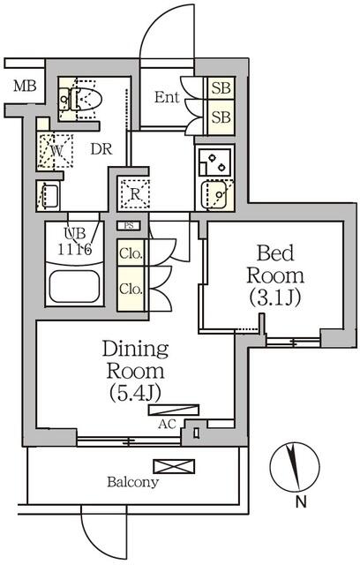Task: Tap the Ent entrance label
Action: pyautogui.click(x=168, y=97)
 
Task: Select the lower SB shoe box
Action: pyautogui.click(x=221, y=117)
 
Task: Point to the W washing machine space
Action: pyautogui.click(x=56, y=151)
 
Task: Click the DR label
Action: pyautogui.click(x=101, y=149)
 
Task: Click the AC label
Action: pyautogui.click(x=166, y=424)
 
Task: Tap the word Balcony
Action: pyautogui.click(x=133, y=483)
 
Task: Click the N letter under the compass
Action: pyautogui.click(x=301, y=503)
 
